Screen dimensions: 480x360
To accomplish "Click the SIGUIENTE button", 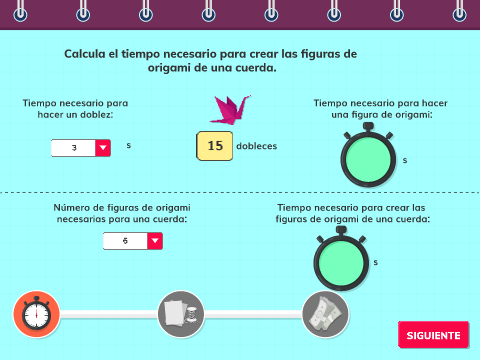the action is pos(433,335).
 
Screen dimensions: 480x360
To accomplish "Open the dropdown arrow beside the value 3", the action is pos(103,148).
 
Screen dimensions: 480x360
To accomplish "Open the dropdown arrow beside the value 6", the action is pos(155,241).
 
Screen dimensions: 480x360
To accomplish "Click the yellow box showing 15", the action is pos(215,146).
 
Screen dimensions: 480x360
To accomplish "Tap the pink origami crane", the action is pos(230,110).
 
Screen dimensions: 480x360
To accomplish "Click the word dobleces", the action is pos(257,146).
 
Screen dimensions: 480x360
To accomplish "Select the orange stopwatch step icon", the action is pos(36,314).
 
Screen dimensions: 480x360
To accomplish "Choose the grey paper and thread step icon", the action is pos(181,314).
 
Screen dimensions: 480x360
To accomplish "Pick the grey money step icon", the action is pos(325,314).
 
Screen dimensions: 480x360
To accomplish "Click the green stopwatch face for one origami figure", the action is pos(368,160).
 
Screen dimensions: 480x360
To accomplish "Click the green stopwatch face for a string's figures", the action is pos(341,263).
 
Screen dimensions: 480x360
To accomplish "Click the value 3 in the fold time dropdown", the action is pos(74,148).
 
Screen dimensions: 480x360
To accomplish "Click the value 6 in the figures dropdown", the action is pos(125,241).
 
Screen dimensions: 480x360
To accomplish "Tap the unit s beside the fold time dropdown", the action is pos(129,145).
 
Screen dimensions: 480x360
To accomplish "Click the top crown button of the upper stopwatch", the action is pos(368,126).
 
